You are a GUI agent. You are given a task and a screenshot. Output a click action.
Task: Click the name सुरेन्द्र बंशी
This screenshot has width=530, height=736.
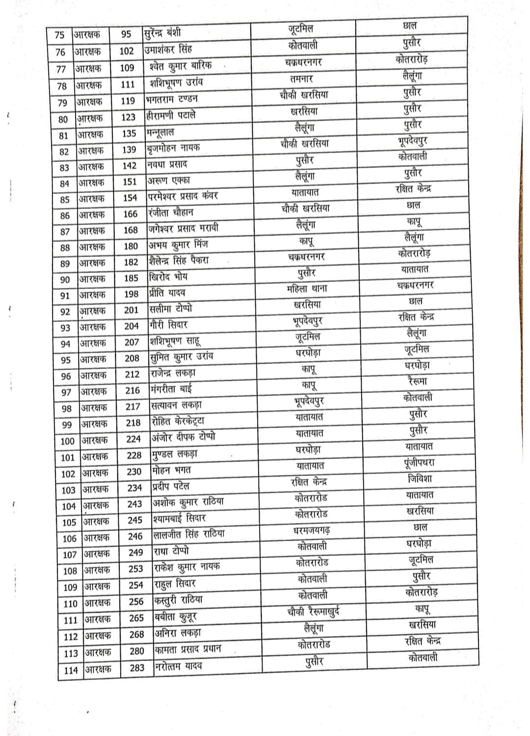point(163,33)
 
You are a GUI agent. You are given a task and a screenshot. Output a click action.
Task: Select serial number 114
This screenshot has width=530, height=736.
point(71,670)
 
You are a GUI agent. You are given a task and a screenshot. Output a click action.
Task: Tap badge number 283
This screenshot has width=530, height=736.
point(137,667)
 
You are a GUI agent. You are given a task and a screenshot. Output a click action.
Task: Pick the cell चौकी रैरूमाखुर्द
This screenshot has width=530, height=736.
point(313,611)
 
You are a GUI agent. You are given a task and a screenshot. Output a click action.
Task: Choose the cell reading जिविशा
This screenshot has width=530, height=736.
point(420,479)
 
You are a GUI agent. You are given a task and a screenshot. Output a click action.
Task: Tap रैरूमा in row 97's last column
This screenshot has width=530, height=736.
point(417,381)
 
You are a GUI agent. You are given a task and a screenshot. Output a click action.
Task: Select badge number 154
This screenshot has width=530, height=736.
point(130,198)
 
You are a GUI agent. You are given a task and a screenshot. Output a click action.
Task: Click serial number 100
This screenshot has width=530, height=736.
point(67,441)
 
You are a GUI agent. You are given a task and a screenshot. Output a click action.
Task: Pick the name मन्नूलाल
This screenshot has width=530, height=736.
point(160,132)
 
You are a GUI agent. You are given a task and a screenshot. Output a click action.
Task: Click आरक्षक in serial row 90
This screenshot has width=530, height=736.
point(92,279)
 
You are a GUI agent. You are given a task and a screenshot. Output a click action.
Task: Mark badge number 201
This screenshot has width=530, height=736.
point(132,310)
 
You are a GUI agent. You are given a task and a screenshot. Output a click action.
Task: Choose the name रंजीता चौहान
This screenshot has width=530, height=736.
point(171,212)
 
